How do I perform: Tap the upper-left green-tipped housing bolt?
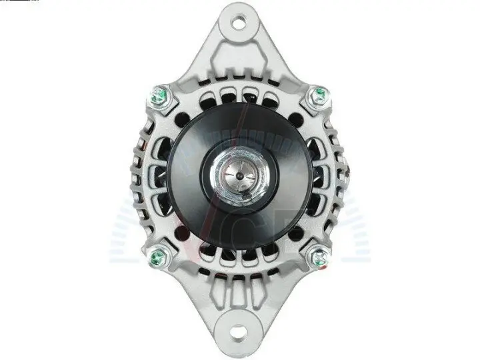160,96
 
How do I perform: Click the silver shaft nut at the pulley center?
239,175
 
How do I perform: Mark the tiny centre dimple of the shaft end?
239,175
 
